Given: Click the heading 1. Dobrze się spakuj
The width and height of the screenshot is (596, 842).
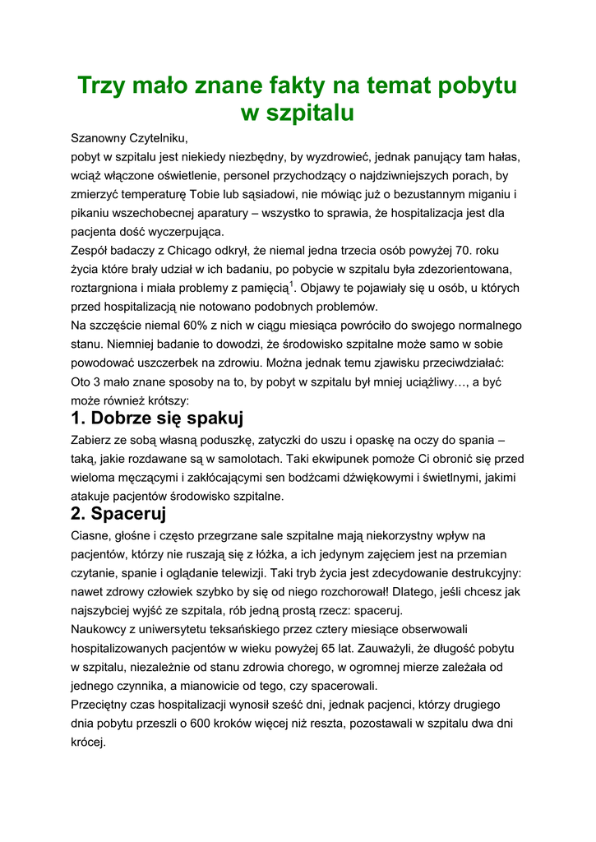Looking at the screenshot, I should pos(158,419).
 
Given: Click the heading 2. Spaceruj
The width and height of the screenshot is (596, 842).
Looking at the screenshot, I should pos(119,515).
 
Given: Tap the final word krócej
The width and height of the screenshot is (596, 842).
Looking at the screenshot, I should pos(89,743).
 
